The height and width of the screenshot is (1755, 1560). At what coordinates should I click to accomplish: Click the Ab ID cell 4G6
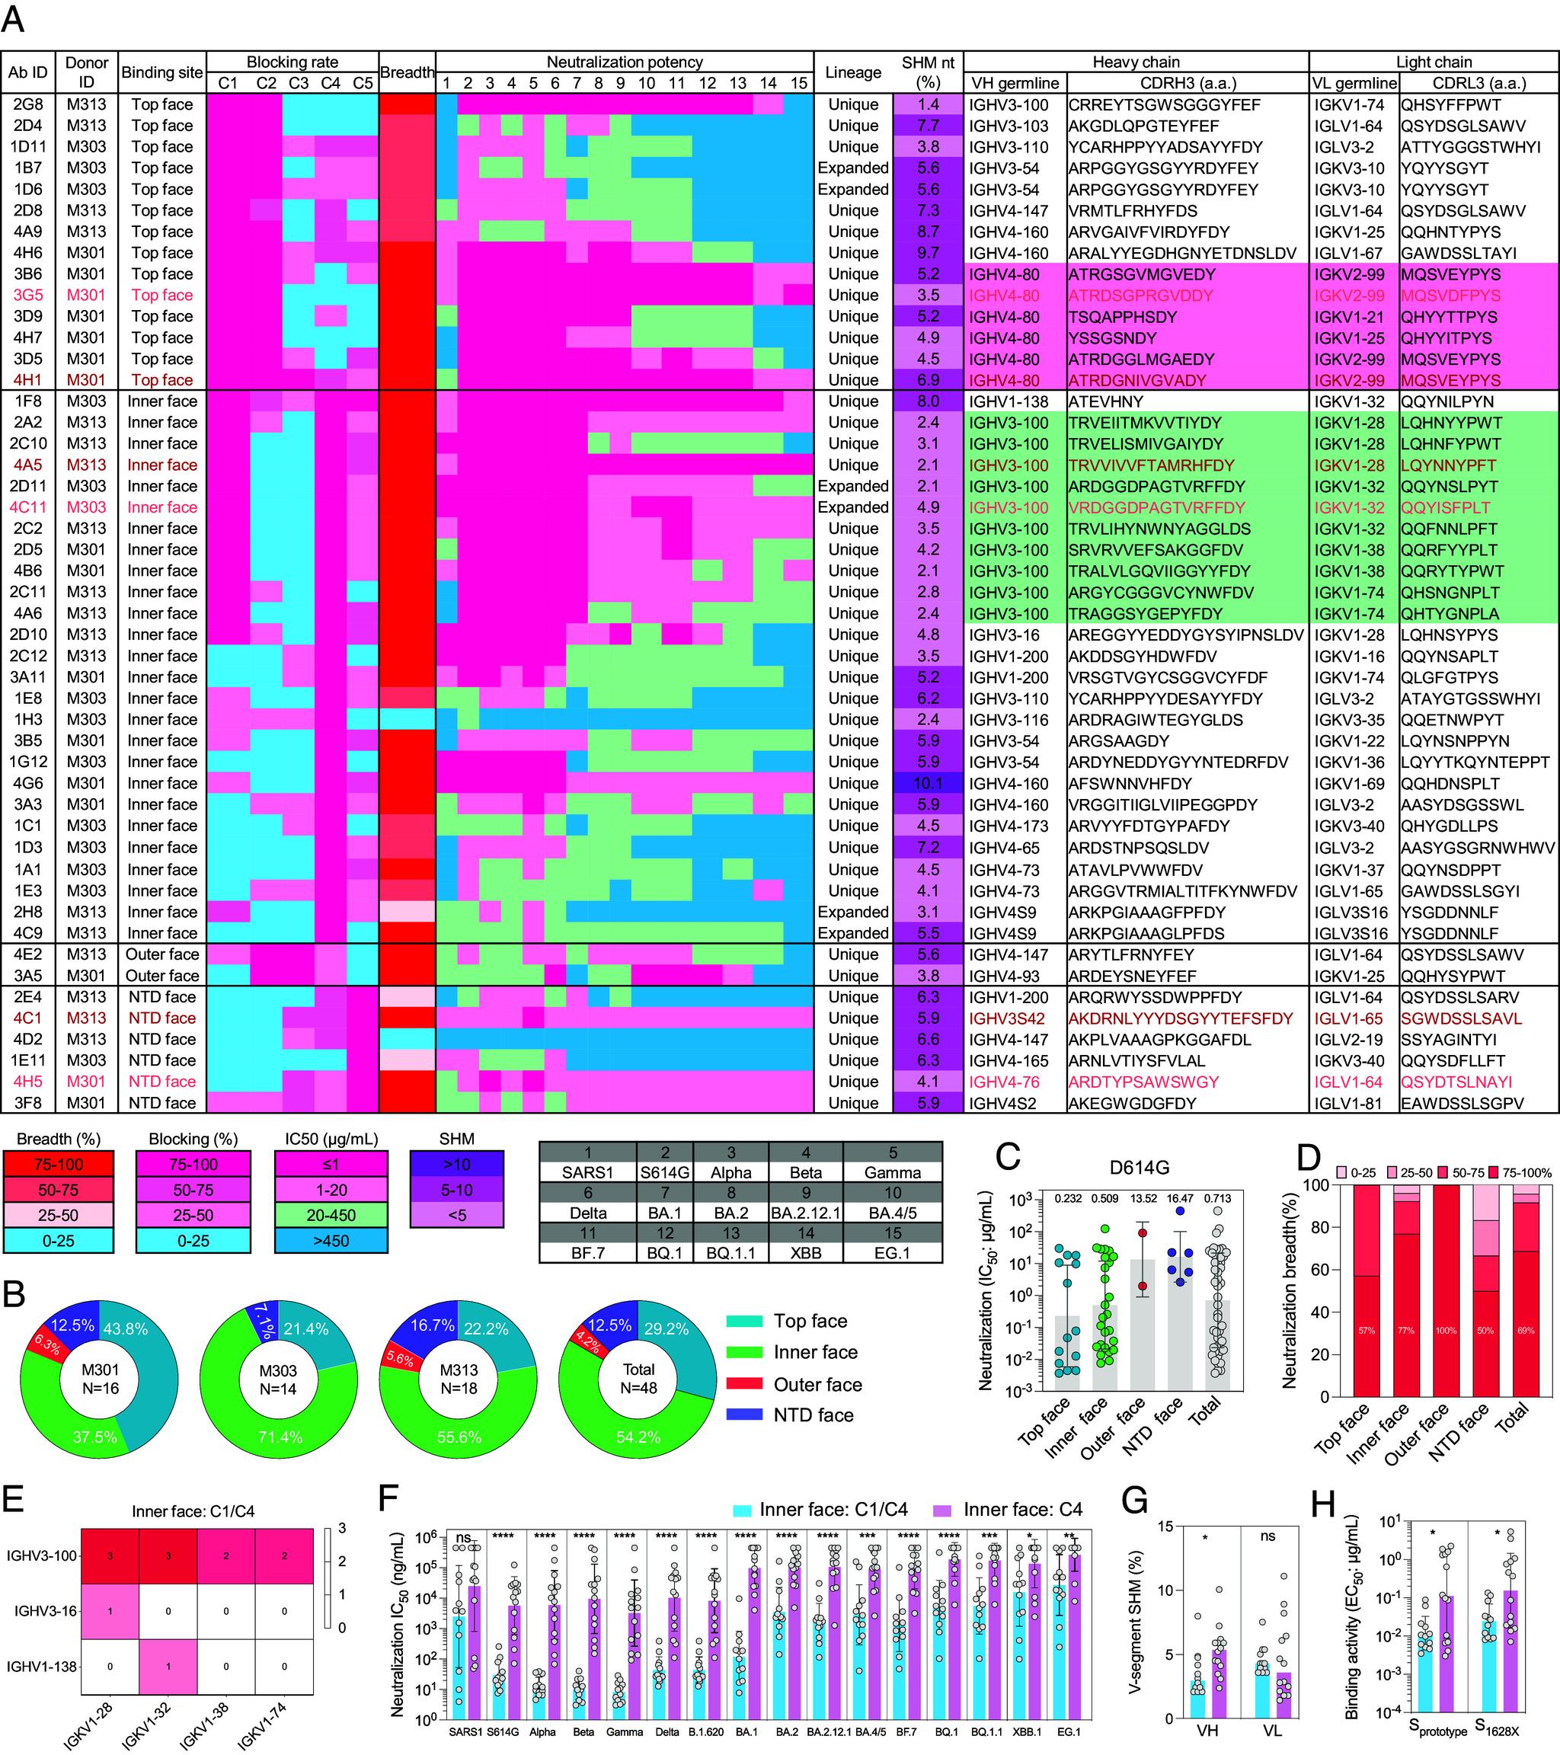coord(27,783)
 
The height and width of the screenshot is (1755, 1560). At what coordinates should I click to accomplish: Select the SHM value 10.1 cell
coord(927,783)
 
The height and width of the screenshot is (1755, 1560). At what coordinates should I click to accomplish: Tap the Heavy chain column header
coord(1135,62)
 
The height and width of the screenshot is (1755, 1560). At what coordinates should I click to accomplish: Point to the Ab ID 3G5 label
coord(27,296)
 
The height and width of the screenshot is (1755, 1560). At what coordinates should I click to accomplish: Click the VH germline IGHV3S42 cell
coord(1006,1018)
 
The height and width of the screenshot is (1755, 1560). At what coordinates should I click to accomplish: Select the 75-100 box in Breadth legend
coord(58,1164)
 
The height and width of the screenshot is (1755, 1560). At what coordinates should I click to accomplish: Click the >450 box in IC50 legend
coord(331,1241)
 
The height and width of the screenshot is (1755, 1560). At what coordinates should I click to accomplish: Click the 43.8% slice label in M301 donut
coord(126,1329)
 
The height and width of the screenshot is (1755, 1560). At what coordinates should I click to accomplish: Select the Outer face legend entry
coord(817,1384)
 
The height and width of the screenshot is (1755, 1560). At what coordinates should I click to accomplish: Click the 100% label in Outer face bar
coord(1446,1331)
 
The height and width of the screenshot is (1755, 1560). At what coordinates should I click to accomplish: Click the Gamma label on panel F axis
coord(624,1732)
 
